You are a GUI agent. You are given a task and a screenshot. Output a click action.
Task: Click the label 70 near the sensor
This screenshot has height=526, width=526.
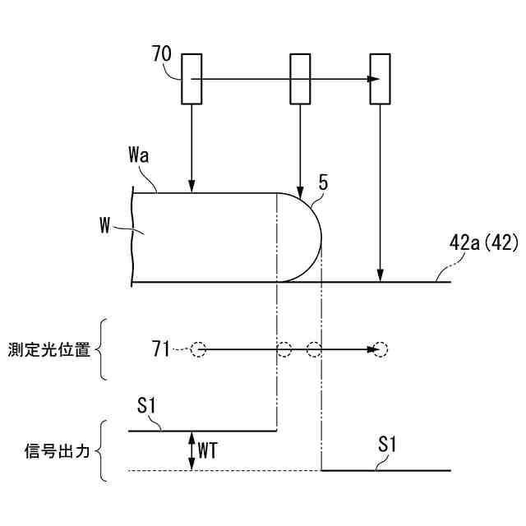(162, 56)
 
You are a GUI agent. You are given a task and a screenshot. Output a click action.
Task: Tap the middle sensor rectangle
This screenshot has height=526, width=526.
(301, 79)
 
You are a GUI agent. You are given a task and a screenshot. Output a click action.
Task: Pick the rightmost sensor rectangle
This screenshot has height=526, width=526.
(380, 79)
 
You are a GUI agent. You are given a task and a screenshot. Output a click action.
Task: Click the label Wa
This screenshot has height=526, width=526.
(139, 155)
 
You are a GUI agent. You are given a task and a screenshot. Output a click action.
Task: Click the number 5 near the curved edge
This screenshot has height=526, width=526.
(323, 182)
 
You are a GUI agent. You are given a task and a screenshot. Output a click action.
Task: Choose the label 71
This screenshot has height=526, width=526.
(162, 350)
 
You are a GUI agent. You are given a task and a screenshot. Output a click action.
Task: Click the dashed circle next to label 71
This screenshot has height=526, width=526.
(198, 350)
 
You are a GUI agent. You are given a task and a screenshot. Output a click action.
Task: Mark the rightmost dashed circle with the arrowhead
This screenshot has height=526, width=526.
(381, 350)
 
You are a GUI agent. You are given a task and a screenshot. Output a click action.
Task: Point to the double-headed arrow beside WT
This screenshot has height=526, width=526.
(192, 450)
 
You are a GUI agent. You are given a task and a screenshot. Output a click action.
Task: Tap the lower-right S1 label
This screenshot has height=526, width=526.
(388, 445)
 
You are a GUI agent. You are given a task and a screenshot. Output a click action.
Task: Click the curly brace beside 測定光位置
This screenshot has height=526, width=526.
(101, 350)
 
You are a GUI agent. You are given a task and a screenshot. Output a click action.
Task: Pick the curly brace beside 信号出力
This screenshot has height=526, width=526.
(101, 450)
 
